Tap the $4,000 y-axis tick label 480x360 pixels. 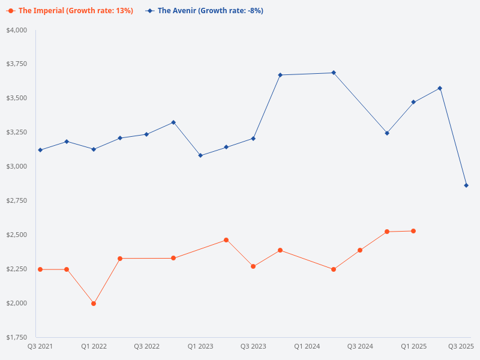click(x=17, y=30)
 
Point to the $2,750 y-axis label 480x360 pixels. click(x=17, y=200)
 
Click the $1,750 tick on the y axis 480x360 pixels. click(x=17, y=337)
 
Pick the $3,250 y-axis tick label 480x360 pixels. click(x=17, y=132)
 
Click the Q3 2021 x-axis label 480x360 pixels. click(x=40, y=346)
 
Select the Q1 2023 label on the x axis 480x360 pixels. click(x=200, y=346)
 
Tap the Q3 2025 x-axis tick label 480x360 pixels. click(x=461, y=346)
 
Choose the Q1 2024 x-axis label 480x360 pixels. click(x=307, y=346)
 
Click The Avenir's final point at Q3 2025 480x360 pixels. click(x=466, y=185)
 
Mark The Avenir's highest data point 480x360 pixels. click(x=334, y=73)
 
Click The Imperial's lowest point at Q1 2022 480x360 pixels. click(x=94, y=304)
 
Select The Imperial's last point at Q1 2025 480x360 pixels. click(x=413, y=231)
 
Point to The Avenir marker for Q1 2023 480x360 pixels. click(x=200, y=155)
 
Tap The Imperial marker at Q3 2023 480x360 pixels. click(x=253, y=266)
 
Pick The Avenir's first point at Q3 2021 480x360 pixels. click(x=40, y=150)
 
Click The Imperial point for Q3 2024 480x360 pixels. click(x=360, y=250)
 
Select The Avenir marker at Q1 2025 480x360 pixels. click(x=413, y=102)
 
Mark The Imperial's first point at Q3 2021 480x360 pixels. click(x=40, y=269)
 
